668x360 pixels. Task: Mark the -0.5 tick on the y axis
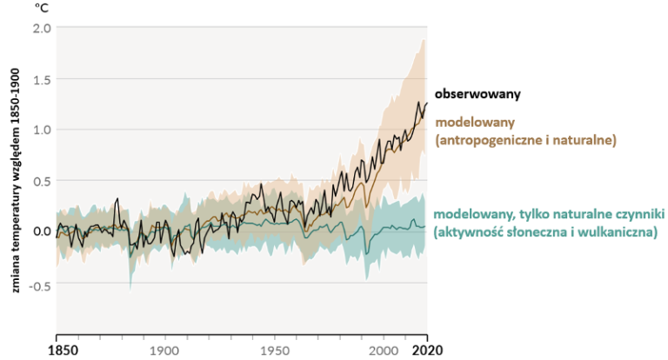[x=40, y=283]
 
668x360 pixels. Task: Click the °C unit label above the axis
[x=41, y=8]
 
